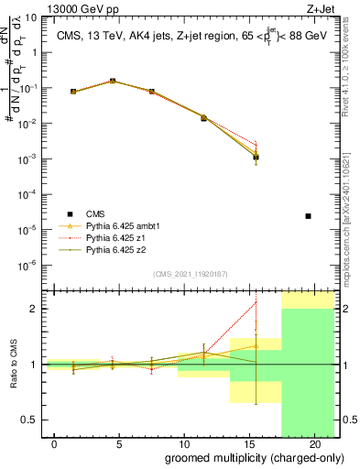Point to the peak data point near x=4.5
pyautogui.click(x=113, y=81)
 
